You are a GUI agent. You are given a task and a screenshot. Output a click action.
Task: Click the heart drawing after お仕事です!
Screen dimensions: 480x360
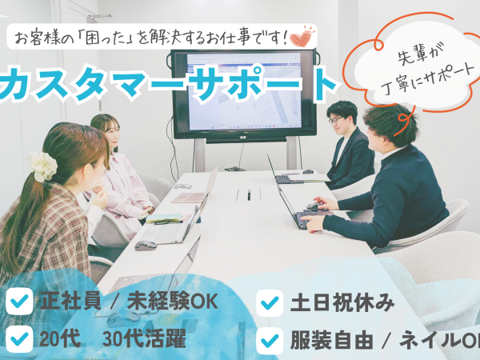click(302, 37)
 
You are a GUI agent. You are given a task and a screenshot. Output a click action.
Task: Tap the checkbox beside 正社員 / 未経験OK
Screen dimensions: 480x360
click(19, 302)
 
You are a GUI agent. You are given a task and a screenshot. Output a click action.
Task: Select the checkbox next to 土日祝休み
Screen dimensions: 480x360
click(270, 302)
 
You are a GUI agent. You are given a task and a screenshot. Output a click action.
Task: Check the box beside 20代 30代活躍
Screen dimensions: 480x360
click(19, 339)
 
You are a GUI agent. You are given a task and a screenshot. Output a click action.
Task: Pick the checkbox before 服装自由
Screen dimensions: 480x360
click(270, 341)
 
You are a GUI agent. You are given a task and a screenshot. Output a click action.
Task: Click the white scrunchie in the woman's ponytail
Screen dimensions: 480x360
click(43, 166)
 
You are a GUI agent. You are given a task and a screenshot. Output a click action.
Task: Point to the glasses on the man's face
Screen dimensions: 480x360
click(335, 120)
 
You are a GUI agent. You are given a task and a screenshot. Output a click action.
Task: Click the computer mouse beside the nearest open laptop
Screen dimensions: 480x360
click(146, 246)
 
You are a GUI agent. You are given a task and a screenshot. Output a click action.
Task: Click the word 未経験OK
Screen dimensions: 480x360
click(173, 302)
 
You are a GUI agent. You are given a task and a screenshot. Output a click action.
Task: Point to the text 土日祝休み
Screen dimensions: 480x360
click(342, 302)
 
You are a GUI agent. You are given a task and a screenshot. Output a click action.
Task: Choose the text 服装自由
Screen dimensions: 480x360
click(331, 341)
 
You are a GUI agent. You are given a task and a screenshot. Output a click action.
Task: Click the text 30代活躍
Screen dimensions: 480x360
click(144, 339)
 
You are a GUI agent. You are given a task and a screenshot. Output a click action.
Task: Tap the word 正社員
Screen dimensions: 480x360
click(70, 302)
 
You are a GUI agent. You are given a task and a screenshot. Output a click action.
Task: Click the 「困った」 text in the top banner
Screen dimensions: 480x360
click(106, 39)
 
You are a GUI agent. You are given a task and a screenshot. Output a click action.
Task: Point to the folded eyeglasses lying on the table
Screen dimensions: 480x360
click(183, 186)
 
